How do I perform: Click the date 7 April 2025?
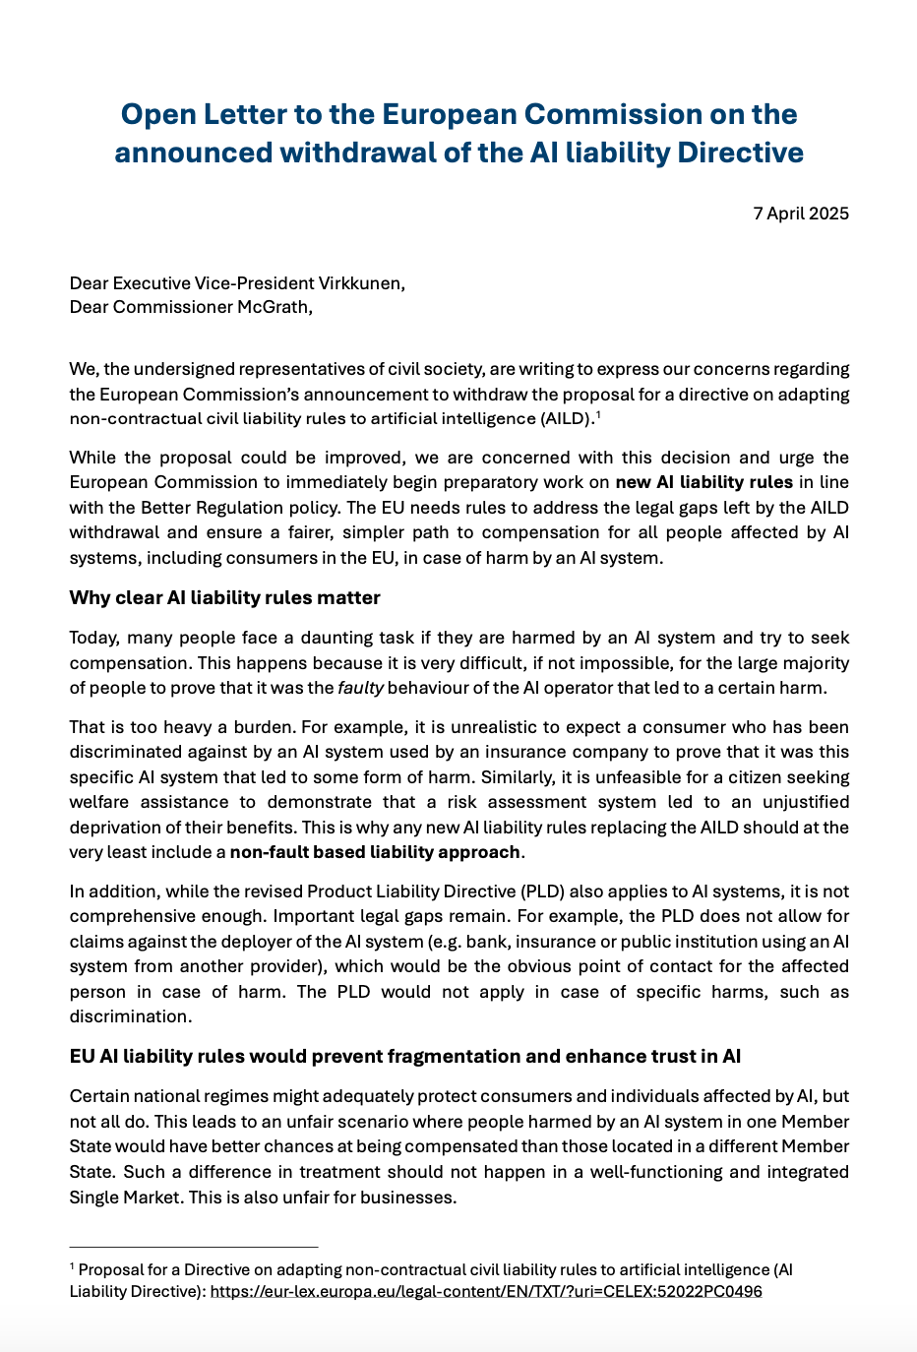point(801,214)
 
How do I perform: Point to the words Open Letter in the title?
point(207,115)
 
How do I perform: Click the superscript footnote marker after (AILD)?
point(598,414)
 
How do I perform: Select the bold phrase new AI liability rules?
point(703,482)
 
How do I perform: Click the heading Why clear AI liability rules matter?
point(224,598)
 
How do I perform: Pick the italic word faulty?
point(360,688)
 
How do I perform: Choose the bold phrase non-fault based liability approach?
point(375,852)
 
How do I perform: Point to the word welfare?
point(99,802)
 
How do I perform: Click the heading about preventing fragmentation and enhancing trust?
point(404,1057)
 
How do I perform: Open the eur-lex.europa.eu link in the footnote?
point(485,1291)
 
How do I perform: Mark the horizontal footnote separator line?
point(194,1248)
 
